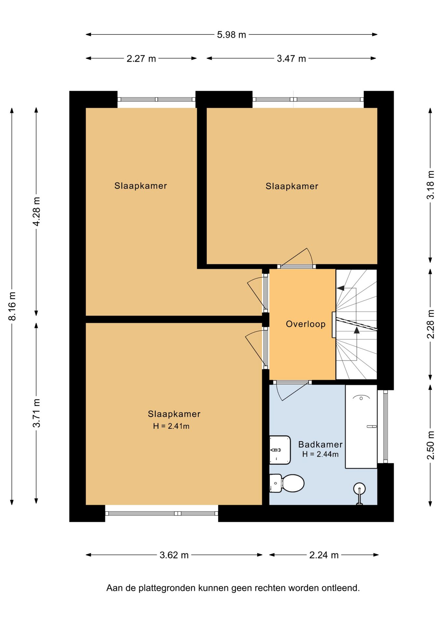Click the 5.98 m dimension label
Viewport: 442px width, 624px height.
pyautogui.click(x=231, y=34)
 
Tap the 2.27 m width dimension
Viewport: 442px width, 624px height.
pyautogui.click(x=141, y=58)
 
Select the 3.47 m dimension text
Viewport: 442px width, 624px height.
pyautogui.click(x=291, y=58)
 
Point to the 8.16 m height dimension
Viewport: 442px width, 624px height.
pyautogui.click(x=12, y=306)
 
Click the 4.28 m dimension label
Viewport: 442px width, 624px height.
pyautogui.click(x=36, y=211)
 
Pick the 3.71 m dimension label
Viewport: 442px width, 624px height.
pyautogui.click(x=36, y=413)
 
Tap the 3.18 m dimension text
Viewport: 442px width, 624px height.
pyautogui.click(x=431, y=185)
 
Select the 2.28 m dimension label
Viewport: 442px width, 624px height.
pyautogui.click(x=431, y=324)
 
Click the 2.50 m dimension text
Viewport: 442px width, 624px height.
pyautogui.click(x=431, y=445)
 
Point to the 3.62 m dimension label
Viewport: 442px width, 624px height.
pyautogui.click(x=174, y=555)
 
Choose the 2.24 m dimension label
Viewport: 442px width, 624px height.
pyautogui.click(x=324, y=555)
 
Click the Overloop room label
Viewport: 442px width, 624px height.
pyautogui.click(x=306, y=324)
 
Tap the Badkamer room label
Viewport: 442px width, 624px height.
pyautogui.click(x=320, y=444)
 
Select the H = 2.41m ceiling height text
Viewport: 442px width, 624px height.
pyautogui.click(x=171, y=426)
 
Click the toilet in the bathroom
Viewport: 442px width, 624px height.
pyautogui.click(x=287, y=483)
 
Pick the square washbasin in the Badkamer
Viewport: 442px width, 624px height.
pyautogui.click(x=280, y=450)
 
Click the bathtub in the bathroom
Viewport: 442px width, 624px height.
pyautogui.click(x=361, y=426)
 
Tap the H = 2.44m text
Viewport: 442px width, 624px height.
pyautogui.click(x=320, y=454)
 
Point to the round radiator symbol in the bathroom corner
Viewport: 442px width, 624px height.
pyautogui.click(x=359, y=488)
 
